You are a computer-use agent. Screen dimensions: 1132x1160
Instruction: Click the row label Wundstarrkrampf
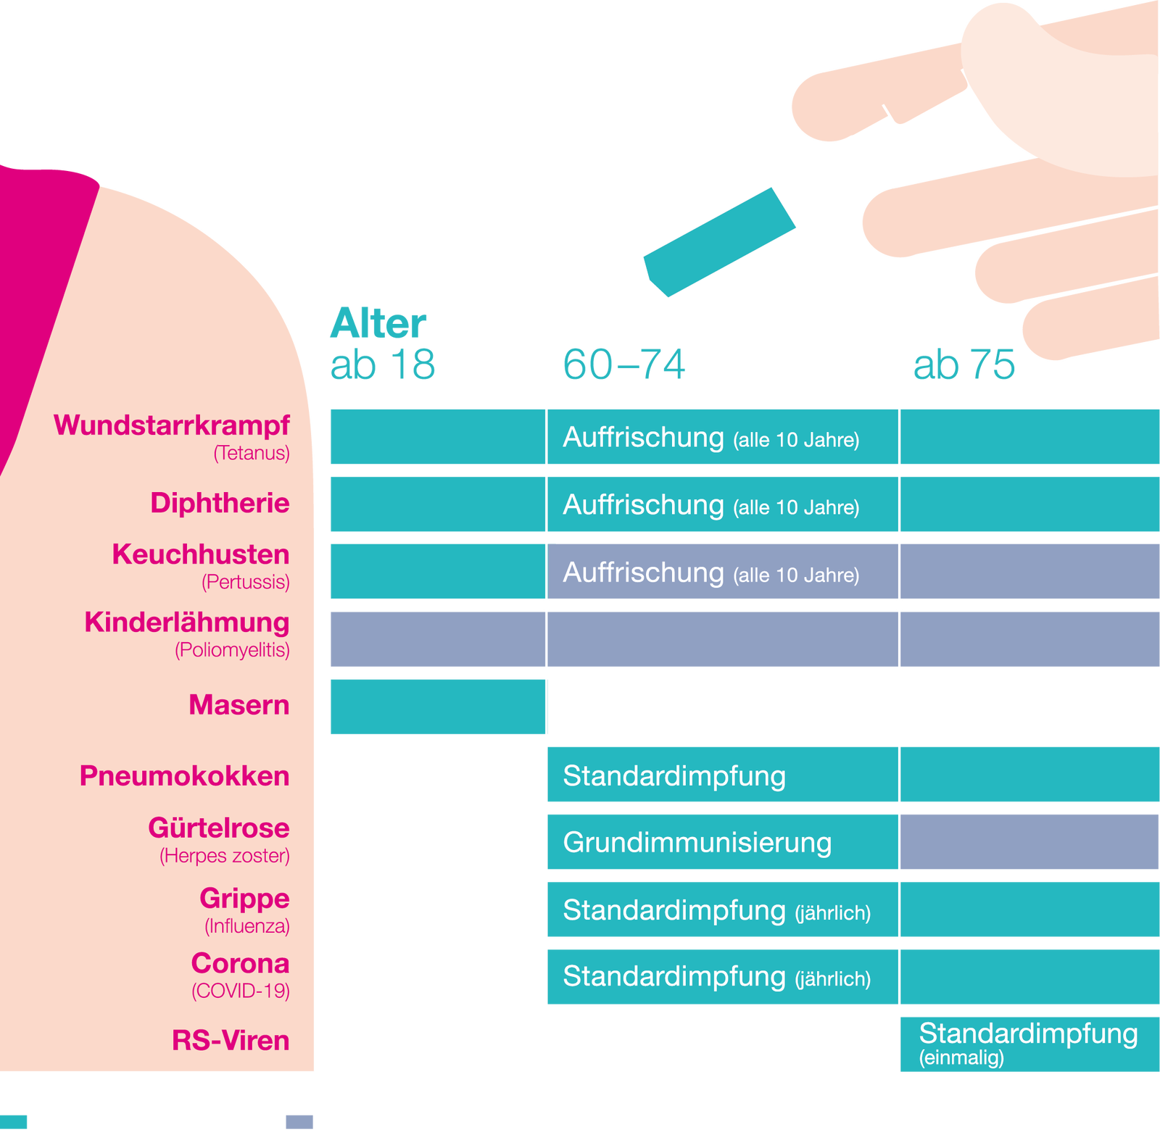[172, 425]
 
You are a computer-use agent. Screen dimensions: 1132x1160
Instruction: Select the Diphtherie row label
[220, 503]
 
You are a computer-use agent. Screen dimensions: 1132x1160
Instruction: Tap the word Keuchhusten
[201, 554]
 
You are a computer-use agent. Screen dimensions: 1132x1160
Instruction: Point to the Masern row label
[239, 704]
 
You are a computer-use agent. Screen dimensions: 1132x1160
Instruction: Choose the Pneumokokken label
[184, 775]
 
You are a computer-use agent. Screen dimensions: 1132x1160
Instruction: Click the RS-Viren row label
[231, 1041]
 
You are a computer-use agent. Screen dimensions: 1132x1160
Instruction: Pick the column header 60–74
[624, 364]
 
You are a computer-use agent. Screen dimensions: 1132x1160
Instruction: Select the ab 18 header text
[383, 364]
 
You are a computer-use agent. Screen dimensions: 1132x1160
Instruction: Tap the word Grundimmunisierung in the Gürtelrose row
[697, 843]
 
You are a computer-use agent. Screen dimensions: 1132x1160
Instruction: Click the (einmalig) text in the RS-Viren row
[961, 1057]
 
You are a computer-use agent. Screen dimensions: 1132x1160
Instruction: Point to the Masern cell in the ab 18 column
[436, 707]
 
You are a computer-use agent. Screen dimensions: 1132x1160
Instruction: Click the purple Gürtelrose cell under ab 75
[1029, 841]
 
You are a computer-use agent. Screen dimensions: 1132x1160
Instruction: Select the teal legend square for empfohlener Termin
[14, 1121]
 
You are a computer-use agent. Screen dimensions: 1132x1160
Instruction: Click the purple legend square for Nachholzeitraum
[299, 1121]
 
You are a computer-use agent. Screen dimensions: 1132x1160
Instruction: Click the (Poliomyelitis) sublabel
[232, 650]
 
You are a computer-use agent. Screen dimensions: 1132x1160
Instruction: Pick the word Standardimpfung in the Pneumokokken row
[674, 776]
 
